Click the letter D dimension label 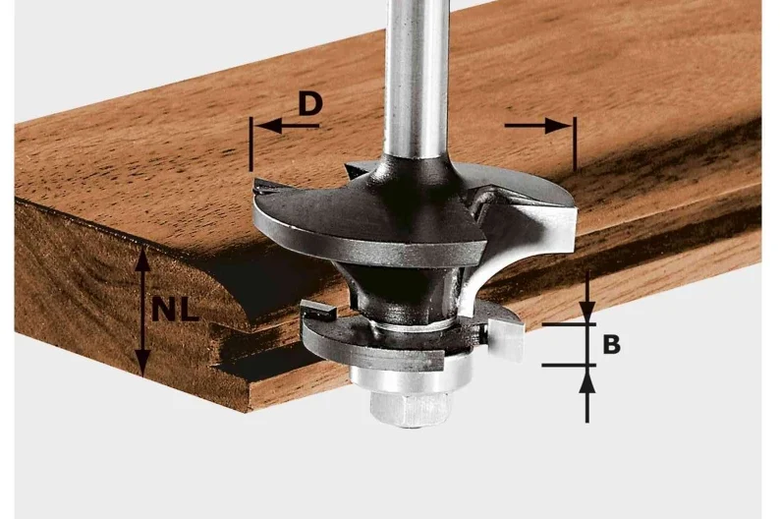pos(309,104)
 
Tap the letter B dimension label pos(611,344)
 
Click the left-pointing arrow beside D pos(286,126)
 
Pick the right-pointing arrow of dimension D pos(537,126)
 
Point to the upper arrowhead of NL pos(143,259)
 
